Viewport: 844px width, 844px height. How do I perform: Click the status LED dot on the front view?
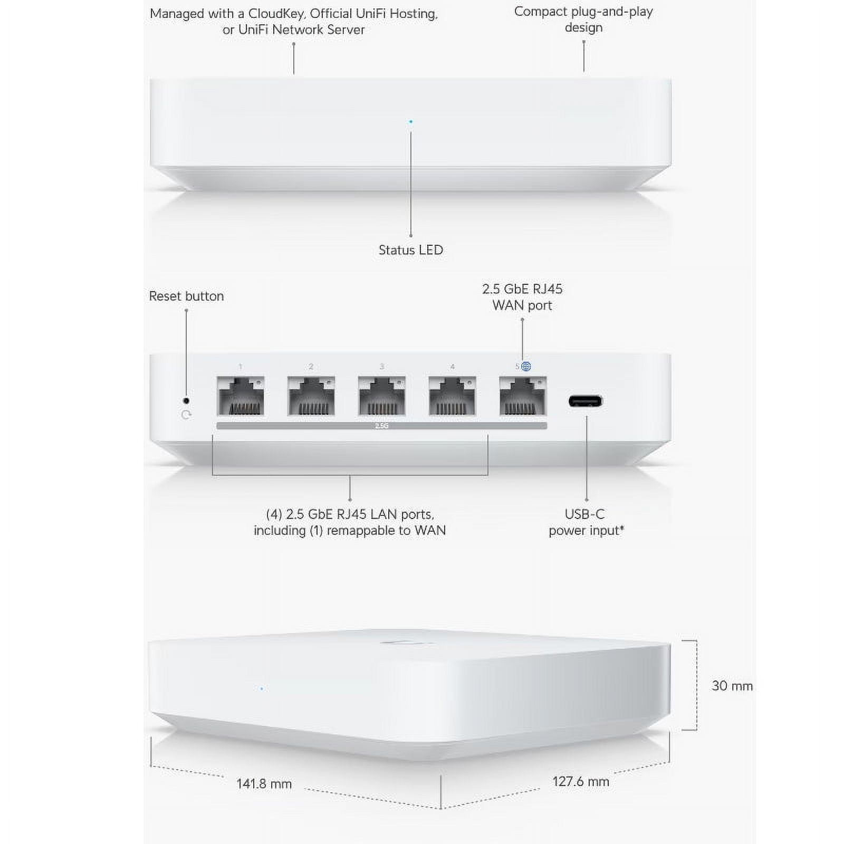point(411,122)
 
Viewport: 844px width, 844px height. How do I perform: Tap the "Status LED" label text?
point(411,250)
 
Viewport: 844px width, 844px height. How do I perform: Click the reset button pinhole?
point(186,401)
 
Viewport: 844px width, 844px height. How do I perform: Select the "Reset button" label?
point(186,296)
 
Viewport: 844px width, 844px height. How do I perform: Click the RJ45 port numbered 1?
point(241,396)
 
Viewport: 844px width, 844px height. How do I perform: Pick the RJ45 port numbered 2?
point(311,396)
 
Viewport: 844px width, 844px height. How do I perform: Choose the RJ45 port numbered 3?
point(382,396)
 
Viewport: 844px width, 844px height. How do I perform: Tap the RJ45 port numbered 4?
point(453,396)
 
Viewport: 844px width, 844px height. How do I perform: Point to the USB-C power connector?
point(586,401)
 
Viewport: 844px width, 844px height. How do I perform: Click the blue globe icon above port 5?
point(526,367)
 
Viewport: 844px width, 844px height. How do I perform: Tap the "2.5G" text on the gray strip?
point(381,426)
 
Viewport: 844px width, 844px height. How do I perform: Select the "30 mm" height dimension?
point(732,686)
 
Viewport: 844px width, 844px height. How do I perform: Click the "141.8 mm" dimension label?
point(264,784)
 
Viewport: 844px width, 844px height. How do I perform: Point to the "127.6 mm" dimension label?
point(581,782)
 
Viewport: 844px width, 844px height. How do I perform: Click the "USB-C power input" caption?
point(586,522)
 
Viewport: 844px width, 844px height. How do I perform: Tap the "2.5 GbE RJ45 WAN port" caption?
point(522,297)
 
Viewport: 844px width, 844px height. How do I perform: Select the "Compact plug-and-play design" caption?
point(583,20)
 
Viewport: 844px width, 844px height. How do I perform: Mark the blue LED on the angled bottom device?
point(262,688)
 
